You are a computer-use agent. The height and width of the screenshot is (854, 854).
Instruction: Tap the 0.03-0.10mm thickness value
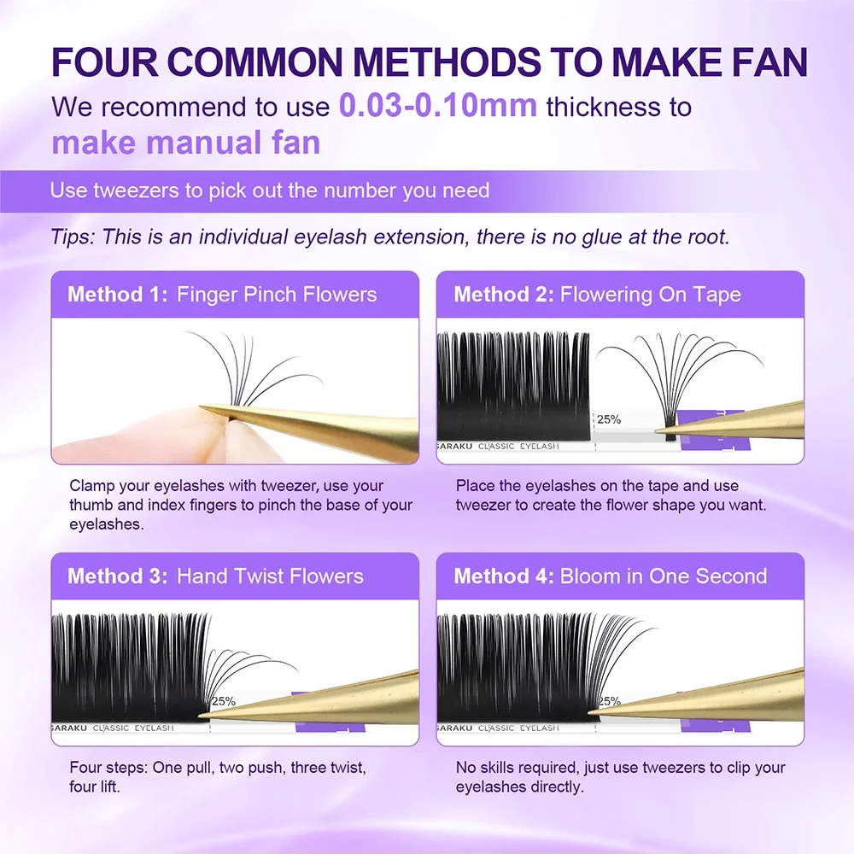pyautogui.click(x=438, y=107)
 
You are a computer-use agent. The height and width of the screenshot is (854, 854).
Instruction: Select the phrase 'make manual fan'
pyautogui.click(x=185, y=143)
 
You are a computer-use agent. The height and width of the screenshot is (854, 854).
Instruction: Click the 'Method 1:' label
pyautogui.click(x=117, y=295)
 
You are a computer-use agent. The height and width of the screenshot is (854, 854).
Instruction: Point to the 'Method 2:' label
pyautogui.click(x=503, y=295)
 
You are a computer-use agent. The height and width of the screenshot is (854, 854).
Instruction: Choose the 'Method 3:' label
pyautogui.click(x=117, y=576)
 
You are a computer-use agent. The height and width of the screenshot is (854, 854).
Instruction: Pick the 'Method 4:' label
pyautogui.click(x=503, y=576)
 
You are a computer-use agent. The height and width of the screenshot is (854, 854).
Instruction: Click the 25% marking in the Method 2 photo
pyautogui.click(x=608, y=420)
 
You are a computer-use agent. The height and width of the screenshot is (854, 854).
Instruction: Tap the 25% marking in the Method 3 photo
pyautogui.click(x=224, y=701)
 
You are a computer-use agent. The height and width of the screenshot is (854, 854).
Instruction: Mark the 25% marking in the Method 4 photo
pyautogui.click(x=609, y=701)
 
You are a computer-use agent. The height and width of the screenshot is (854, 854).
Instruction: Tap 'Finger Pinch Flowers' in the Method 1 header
pyautogui.click(x=276, y=295)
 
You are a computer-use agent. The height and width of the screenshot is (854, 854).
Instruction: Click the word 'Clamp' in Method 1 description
pyautogui.click(x=91, y=486)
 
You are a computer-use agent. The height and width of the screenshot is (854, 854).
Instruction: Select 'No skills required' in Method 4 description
pyautogui.click(x=518, y=768)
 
